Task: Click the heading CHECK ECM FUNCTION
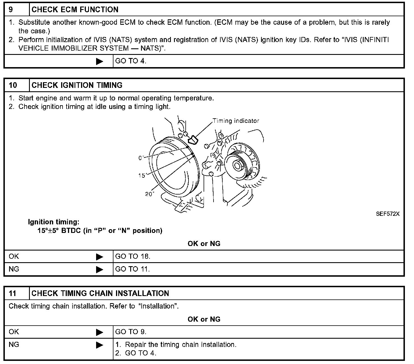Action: (75, 10)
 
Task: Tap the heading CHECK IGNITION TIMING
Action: (77, 85)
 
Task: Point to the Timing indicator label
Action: (236, 121)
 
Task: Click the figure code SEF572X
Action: (388, 214)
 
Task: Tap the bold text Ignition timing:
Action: (54, 222)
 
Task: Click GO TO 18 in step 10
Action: (133, 257)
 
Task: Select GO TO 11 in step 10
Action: (132, 269)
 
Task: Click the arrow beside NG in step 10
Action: (100, 269)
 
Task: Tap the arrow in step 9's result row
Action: (100, 61)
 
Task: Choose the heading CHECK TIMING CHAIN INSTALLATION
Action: (100, 293)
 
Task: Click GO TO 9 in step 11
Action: (131, 332)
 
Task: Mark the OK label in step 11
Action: (14, 332)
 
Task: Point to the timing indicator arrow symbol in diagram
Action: (193, 139)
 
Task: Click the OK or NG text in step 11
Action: (204, 319)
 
